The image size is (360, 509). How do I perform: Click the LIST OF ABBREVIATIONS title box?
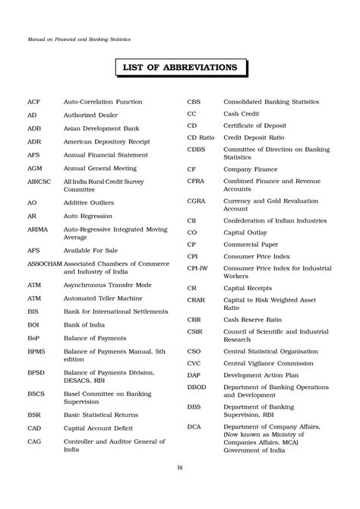click(x=180, y=68)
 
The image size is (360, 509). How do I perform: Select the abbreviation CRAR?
click(x=197, y=302)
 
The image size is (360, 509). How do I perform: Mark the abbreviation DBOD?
click(x=197, y=387)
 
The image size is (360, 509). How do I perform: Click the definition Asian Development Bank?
click(x=103, y=128)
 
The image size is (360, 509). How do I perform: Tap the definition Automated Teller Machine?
click(x=103, y=297)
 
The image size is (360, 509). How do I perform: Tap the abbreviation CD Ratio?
click(x=201, y=138)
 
